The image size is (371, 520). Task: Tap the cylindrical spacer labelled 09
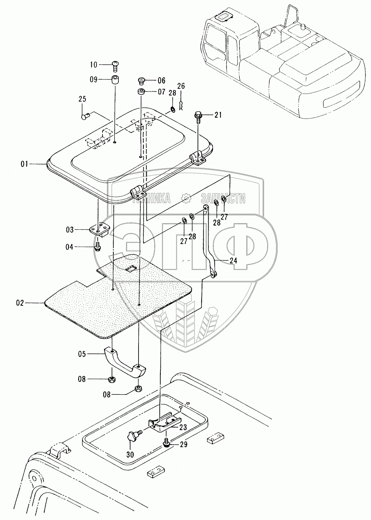pyautogui.click(x=115, y=80)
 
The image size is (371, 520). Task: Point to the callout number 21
pyautogui.click(x=218, y=115)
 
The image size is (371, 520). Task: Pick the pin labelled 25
pyautogui.click(x=84, y=117)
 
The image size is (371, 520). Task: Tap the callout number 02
pyautogui.click(x=20, y=303)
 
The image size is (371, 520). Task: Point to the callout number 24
pyautogui.click(x=233, y=261)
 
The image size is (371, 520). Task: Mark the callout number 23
pyautogui.click(x=183, y=427)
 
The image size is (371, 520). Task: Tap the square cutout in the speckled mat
pyautogui.click(x=130, y=269)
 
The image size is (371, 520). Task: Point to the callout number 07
pyautogui.click(x=161, y=91)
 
